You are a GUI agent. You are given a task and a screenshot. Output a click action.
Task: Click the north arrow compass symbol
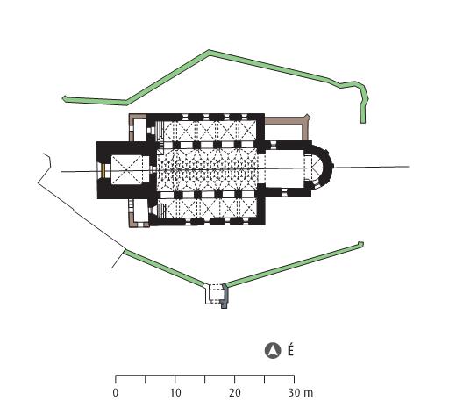(273, 350)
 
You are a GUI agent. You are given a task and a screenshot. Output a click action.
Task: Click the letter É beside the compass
(290, 349)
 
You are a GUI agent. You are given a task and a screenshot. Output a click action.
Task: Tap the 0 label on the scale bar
(116, 393)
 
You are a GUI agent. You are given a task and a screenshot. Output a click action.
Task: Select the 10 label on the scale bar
(175, 393)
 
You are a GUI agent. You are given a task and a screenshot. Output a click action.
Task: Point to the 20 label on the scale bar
(235, 393)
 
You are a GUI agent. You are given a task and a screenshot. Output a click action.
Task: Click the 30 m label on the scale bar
(301, 393)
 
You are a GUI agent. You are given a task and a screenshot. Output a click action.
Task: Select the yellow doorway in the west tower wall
(103, 171)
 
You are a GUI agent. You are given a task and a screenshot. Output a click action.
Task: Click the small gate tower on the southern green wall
(216, 295)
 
